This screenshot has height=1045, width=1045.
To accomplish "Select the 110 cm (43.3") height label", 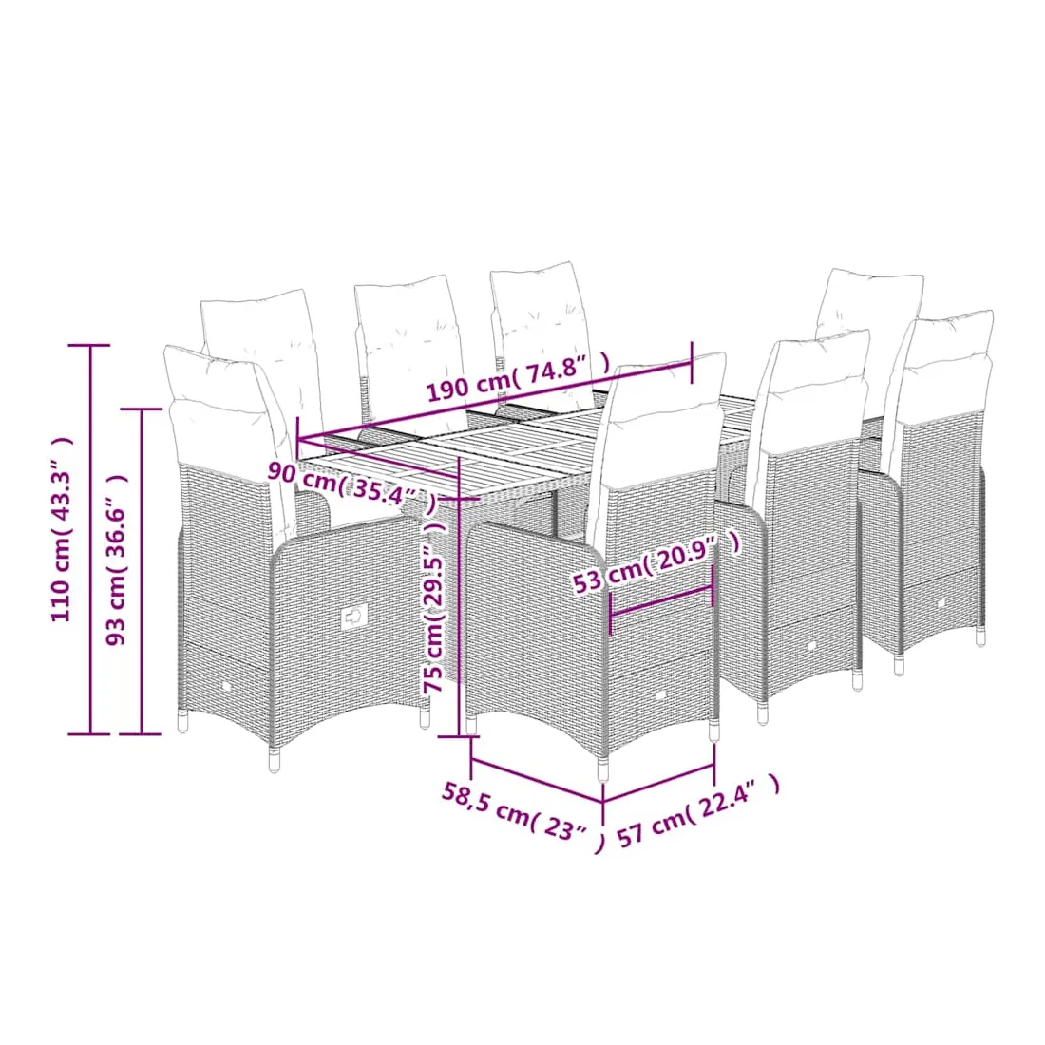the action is coord(61,529).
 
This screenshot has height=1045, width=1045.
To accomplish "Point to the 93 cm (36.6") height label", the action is coord(116,560).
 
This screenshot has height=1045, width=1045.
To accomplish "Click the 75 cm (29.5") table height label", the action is coord(434,606).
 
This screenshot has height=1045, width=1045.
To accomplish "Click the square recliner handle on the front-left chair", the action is coord(354,617).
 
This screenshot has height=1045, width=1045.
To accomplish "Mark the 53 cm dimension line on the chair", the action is coord(662,601).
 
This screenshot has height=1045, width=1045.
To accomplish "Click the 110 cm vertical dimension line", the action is coord(90,540).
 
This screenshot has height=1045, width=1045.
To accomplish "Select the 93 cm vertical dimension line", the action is coord(141,572).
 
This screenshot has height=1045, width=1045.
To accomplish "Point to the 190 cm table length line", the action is coord(495,401).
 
